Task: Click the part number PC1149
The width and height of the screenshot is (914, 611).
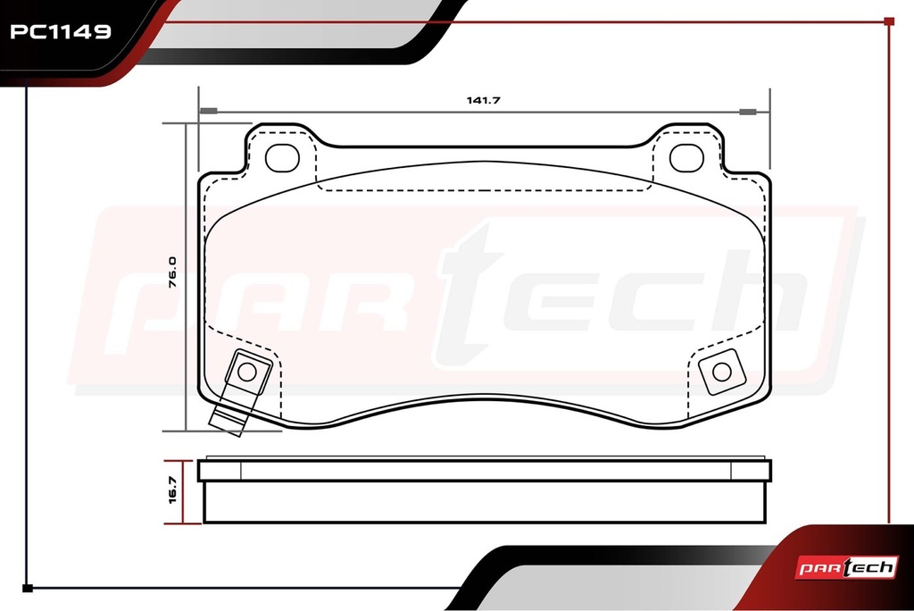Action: (x=61, y=31)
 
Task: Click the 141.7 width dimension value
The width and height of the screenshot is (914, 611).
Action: (x=483, y=100)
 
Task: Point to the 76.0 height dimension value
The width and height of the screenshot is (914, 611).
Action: (x=172, y=272)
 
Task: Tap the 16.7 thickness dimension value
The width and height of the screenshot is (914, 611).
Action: (x=172, y=490)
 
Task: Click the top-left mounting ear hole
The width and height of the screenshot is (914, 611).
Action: (x=282, y=158)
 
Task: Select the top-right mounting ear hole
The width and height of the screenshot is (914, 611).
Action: (x=686, y=158)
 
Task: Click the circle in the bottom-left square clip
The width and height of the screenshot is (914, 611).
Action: (x=247, y=372)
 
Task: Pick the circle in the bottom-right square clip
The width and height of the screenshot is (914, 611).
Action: (x=722, y=372)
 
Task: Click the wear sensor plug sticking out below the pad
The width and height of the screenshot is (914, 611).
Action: (x=228, y=422)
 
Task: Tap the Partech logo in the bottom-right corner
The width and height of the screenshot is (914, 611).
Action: (x=847, y=567)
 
